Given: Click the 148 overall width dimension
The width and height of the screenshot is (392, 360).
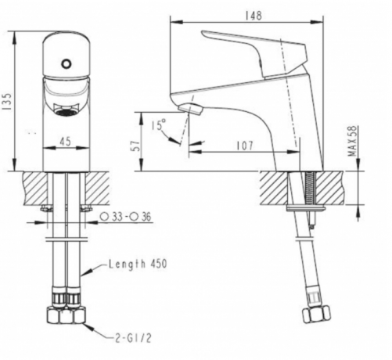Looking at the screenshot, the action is [x=254, y=16].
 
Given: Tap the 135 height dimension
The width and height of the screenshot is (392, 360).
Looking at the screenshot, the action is [x=8, y=102].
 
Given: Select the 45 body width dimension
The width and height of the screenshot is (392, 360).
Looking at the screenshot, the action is [x=65, y=142].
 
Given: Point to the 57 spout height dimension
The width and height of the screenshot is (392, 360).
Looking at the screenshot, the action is [x=136, y=146].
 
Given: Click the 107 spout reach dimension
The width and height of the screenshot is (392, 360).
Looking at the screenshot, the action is [x=245, y=146].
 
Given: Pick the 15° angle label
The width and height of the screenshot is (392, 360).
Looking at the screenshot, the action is [x=158, y=124].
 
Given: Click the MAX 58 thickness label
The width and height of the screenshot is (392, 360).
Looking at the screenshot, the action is [x=352, y=141].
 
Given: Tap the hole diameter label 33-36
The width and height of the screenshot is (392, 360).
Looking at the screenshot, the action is [x=126, y=217].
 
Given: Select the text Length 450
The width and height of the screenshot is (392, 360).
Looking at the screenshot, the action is [x=138, y=264].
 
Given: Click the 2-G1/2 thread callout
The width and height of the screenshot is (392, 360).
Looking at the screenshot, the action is [x=133, y=338].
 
